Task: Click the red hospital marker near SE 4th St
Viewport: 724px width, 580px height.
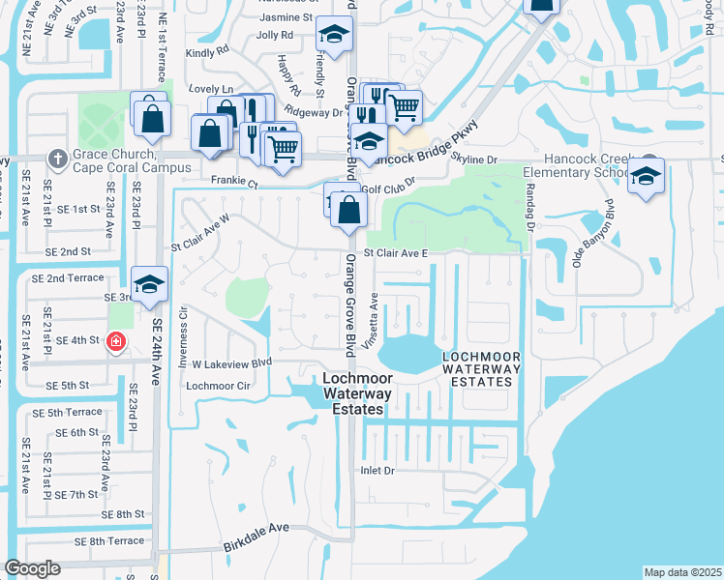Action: [x=115, y=341]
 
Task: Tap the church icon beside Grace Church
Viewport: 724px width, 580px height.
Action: [x=58, y=158]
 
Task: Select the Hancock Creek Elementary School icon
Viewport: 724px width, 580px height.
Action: [x=646, y=179]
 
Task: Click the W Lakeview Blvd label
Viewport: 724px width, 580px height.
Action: [x=232, y=364]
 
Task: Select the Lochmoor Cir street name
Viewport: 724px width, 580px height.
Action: [x=218, y=385]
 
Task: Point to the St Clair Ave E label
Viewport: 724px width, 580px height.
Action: [x=395, y=253]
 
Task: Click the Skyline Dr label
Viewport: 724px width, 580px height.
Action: [x=474, y=159]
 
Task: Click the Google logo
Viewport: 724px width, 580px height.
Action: [x=32, y=568]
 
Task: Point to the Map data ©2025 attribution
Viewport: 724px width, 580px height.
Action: [x=682, y=572]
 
